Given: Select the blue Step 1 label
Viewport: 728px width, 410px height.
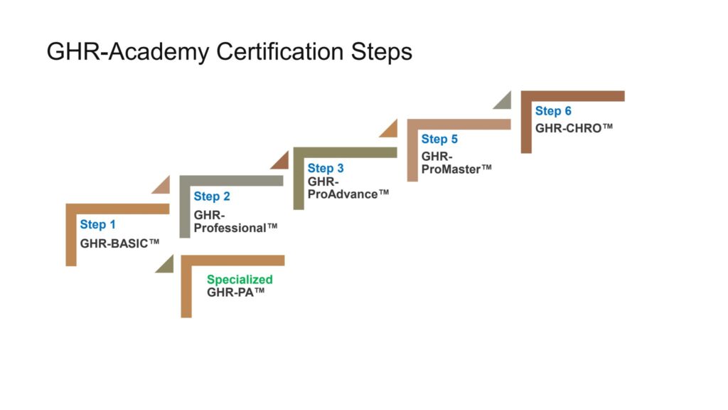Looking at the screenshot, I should [x=97, y=225].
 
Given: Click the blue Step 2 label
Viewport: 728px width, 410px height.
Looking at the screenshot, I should [x=211, y=196].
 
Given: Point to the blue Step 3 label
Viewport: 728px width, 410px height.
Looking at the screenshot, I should [x=326, y=168].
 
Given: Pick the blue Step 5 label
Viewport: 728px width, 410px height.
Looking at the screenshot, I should [x=439, y=139].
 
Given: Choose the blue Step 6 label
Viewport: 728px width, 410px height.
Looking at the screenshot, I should [x=553, y=111].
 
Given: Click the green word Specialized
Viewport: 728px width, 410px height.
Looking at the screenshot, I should [x=240, y=280].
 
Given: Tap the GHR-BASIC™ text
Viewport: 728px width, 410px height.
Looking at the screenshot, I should [x=119, y=243].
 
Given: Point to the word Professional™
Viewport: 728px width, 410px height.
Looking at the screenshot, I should [x=235, y=227].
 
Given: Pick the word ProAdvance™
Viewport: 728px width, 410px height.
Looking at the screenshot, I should [x=348, y=194].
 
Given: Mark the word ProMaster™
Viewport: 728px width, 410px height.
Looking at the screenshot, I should [x=456, y=169].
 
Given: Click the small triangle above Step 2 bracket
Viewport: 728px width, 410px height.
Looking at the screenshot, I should [x=163, y=186].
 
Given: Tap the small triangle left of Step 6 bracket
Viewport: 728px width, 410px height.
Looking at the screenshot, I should [x=504, y=102].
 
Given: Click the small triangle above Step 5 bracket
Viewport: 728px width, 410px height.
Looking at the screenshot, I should [x=390, y=130].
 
